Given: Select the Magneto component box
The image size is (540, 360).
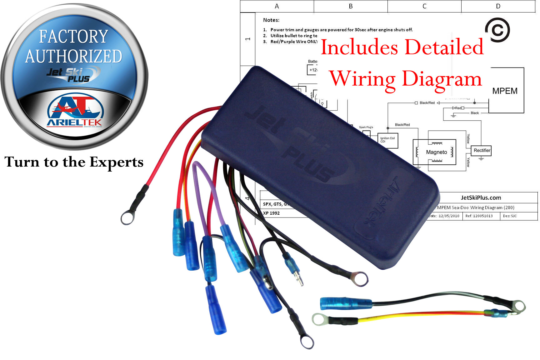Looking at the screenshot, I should [x=436, y=152].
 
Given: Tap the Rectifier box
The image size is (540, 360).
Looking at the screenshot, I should [x=482, y=150].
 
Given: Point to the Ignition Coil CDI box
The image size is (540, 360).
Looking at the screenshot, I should [x=387, y=140].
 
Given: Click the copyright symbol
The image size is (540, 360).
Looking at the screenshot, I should [x=497, y=30].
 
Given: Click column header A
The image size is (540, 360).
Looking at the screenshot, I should [x=277, y=6].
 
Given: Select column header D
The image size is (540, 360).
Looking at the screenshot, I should [x=498, y=6].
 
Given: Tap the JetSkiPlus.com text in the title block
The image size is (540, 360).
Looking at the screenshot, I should [x=481, y=197].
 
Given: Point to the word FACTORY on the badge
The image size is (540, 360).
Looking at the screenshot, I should [x=73, y=37].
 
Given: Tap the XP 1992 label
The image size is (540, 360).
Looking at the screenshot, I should [x=271, y=213].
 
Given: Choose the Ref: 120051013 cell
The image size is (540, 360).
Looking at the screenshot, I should [x=479, y=216].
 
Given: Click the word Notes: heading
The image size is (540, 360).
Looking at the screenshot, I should [x=271, y=20].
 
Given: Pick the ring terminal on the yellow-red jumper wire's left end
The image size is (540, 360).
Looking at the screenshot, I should [x=319, y=319].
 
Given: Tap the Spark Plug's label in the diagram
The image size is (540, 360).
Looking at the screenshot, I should [x=366, y=127].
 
